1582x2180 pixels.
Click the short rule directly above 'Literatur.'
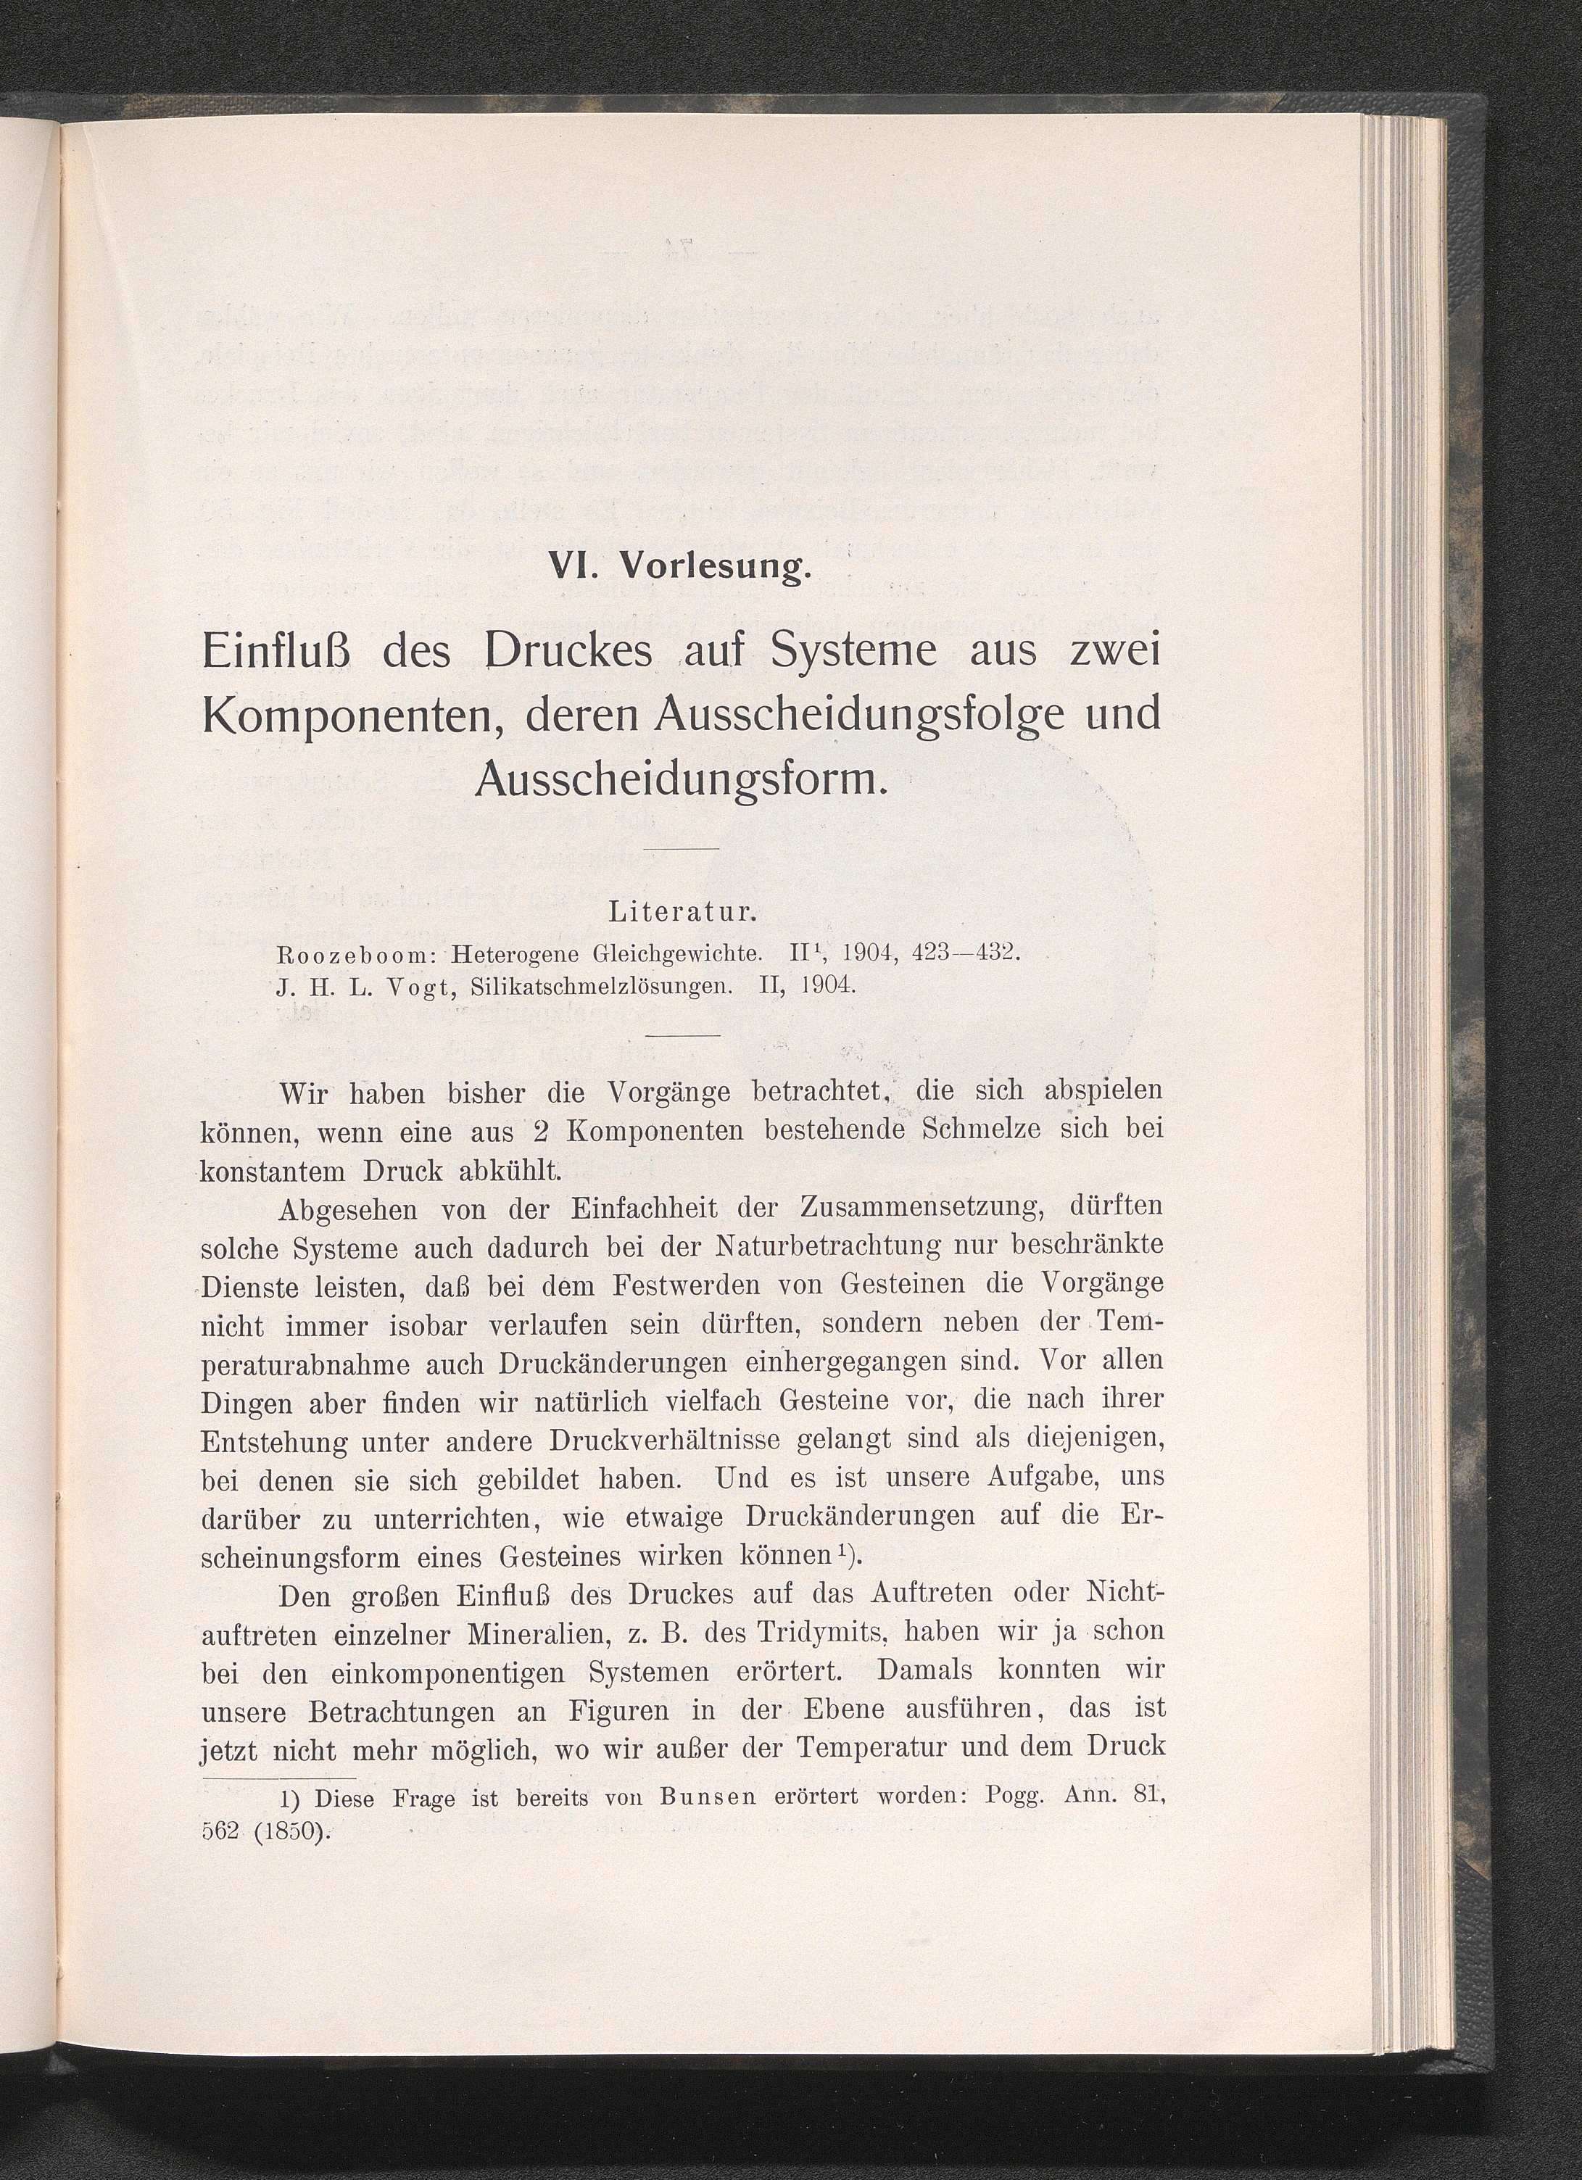(x=681, y=849)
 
